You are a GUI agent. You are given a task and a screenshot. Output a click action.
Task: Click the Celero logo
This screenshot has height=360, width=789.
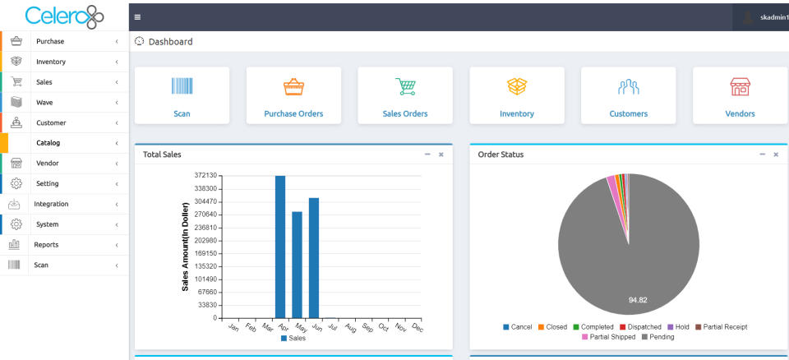(x=64, y=16)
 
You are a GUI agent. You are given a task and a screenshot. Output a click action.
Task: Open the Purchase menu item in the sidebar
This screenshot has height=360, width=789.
(x=50, y=41)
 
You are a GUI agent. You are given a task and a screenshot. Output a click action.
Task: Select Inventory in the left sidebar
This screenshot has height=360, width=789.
(x=51, y=62)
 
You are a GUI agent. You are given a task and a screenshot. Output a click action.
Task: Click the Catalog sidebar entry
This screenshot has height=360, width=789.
(x=48, y=143)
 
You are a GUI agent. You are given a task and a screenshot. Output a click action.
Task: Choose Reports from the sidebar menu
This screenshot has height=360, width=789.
(x=46, y=245)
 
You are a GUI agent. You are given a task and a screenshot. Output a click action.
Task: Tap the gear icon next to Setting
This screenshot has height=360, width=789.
(x=16, y=183)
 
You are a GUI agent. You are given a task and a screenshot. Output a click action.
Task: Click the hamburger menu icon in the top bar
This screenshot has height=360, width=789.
(x=137, y=16)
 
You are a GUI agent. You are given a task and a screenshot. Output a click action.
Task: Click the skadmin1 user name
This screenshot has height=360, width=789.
(x=773, y=16)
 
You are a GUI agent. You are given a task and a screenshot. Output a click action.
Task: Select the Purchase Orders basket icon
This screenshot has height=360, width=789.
(x=293, y=86)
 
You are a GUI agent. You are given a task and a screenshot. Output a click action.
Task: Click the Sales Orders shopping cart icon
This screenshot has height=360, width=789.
(x=405, y=86)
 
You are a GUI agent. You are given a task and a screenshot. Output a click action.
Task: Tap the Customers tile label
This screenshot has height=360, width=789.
(x=628, y=113)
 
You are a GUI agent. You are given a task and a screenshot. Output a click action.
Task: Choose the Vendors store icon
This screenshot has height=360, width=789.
(x=740, y=86)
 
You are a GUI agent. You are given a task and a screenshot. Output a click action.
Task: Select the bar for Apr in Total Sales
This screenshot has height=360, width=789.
(x=280, y=247)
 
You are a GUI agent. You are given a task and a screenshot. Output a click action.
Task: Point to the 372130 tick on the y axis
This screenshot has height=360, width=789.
(x=205, y=176)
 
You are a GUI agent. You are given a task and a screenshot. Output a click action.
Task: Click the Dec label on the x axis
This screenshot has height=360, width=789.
(x=416, y=328)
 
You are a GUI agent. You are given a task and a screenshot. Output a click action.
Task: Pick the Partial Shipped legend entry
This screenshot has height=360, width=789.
(x=607, y=337)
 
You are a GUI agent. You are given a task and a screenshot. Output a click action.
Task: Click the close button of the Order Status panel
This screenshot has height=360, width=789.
(x=776, y=155)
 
